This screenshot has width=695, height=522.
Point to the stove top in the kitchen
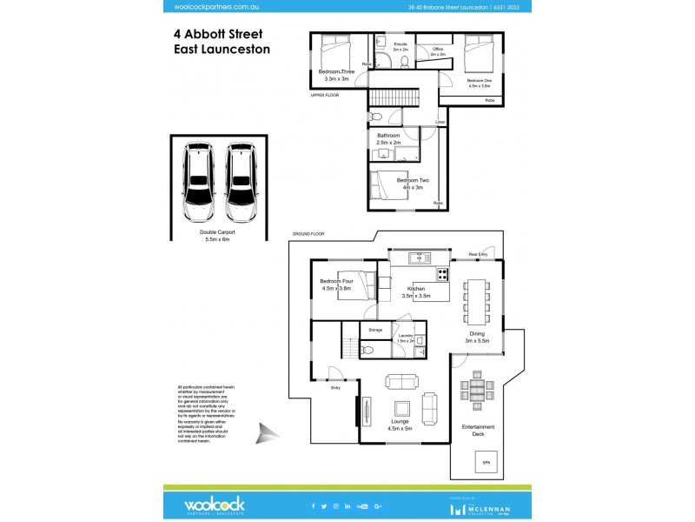click(442, 275)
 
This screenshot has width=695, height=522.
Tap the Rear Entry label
click(478, 254)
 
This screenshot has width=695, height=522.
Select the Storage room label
click(375, 330)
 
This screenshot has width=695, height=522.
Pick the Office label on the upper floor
click(438, 49)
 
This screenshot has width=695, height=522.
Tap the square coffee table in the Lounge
click(401, 408)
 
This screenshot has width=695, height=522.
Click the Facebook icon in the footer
click(314, 505)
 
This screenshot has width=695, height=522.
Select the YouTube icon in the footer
click(361, 505)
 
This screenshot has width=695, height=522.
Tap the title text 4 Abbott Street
click(218, 34)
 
